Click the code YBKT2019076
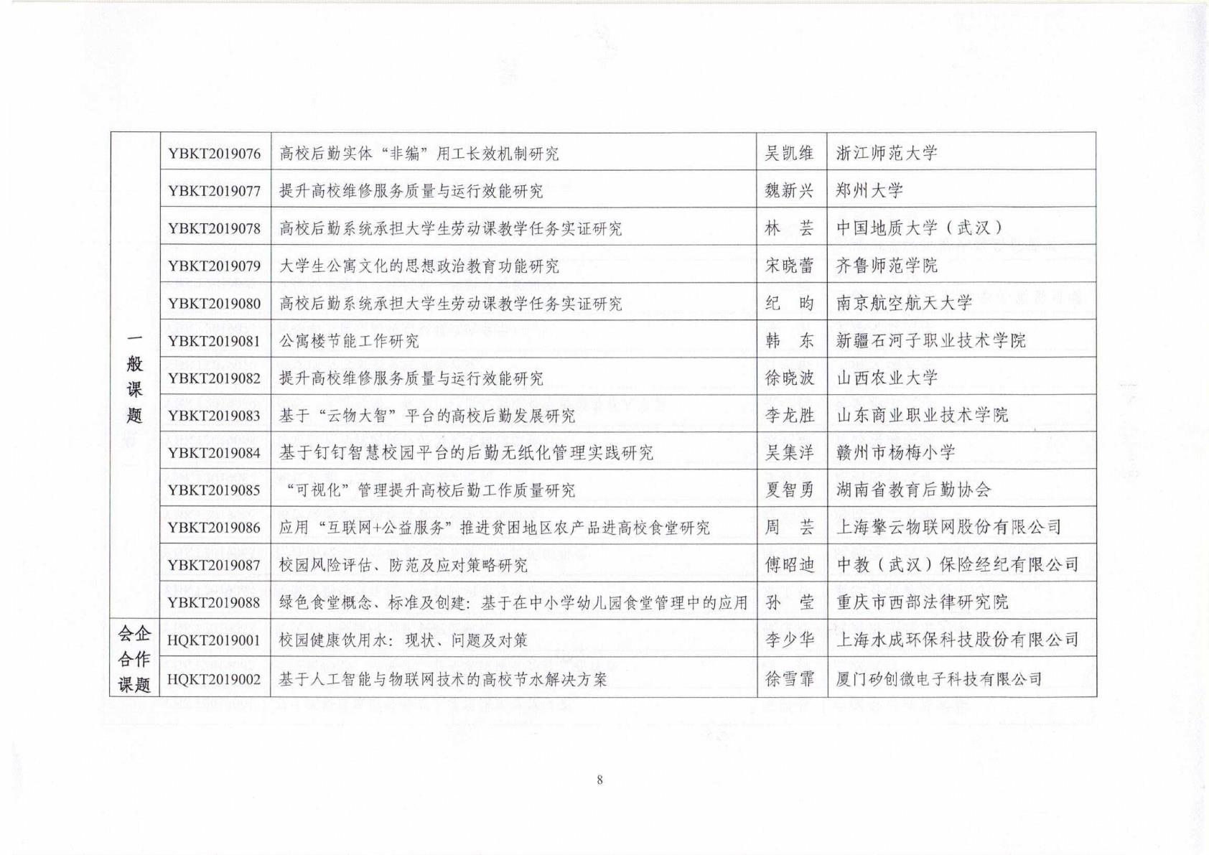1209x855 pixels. pyautogui.click(x=214, y=154)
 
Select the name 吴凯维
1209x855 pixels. pyautogui.click(x=790, y=153)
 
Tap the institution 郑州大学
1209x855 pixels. pyautogui.click(x=869, y=190)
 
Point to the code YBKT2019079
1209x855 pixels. pyautogui.click(x=214, y=266)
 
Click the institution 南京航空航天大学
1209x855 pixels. pyautogui.click(x=904, y=303)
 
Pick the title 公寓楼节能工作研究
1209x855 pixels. pyautogui.click(x=349, y=341)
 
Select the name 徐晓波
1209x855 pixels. pyautogui.click(x=790, y=378)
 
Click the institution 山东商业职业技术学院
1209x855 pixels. pyautogui.click(x=922, y=415)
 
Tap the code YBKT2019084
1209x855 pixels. pyautogui.click(x=214, y=453)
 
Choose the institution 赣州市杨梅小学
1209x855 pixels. pyautogui.click(x=895, y=452)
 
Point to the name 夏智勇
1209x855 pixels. pyautogui.click(x=790, y=490)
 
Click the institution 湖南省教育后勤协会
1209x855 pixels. pyautogui.click(x=913, y=490)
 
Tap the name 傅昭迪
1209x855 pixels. pyautogui.click(x=790, y=565)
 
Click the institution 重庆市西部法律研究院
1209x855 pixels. pyautogui.click(x=922, y=602)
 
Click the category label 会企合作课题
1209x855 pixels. pyautogui.click(x=134, y=659)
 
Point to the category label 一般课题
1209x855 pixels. pyautogui.click(x=134, y=377)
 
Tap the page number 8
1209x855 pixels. pyautogui.click(x=599, y=780)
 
